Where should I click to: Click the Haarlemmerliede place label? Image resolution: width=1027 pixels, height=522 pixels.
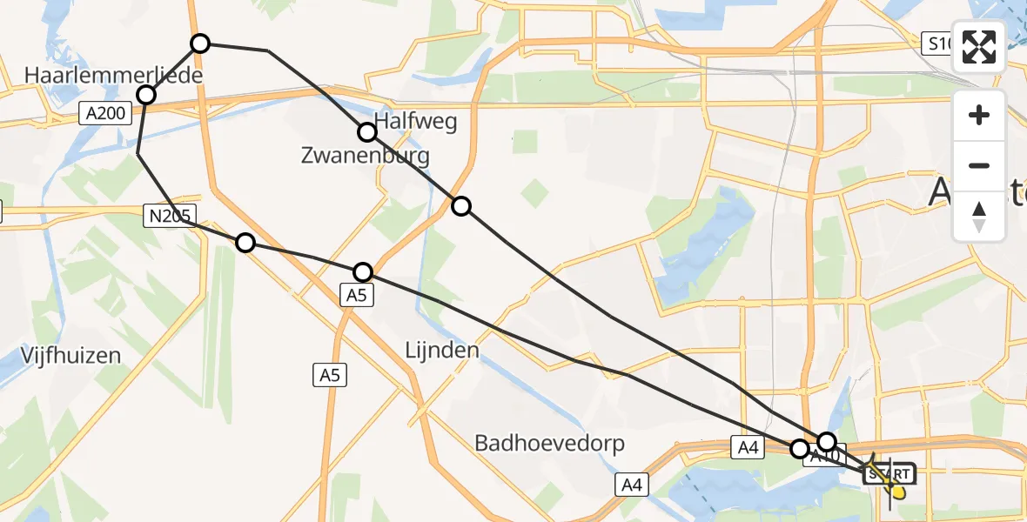click(114, 76)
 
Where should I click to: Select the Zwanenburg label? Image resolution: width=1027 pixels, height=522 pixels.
click(365, 157)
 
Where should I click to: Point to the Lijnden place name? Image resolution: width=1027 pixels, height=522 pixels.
click(442, 351)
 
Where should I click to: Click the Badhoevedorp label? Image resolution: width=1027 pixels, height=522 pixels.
click(549, 444)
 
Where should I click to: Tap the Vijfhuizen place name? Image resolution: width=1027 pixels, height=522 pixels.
click(71, 355)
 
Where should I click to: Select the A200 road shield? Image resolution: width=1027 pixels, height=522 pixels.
click(104, 112)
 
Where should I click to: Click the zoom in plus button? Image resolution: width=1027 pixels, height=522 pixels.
click(979, 115)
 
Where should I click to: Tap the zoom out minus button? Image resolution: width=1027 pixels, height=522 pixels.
click(979, 165)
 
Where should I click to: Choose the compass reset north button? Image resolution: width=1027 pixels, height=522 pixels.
click(979, 216)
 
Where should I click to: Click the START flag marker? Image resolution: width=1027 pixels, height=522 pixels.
click(889, 474)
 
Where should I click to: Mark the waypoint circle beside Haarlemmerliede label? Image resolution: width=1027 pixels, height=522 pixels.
click(146, 95)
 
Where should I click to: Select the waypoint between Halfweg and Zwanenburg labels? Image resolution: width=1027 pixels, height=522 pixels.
click(367, 132)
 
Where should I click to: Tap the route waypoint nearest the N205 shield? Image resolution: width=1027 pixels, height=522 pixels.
click(245, 243)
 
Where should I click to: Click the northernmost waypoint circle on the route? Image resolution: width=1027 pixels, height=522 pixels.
click(200, 43)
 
